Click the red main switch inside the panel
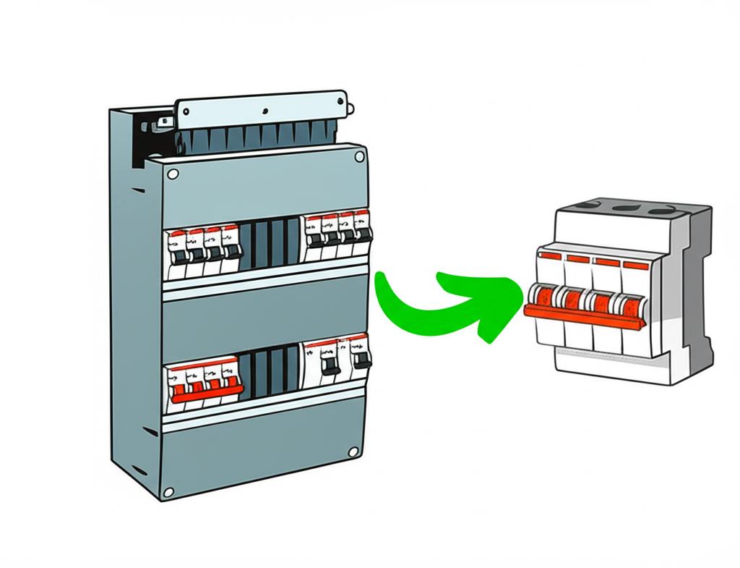tap(206, 397)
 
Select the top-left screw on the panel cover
tap(173, 174)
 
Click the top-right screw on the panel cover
tap(359, 156)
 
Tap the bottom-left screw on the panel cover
tap(168, 492)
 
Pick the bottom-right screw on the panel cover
tap(353, 452)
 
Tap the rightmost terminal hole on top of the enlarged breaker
tap(658, 211)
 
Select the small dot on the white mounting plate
tap(266, 111)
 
